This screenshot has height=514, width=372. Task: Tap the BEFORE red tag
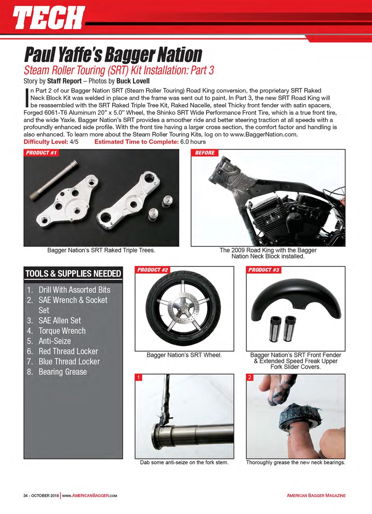(x=205, y=153)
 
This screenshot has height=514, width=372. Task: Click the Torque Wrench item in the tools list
(x=62, y=331)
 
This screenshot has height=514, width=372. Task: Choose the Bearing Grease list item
(x=62, y=371)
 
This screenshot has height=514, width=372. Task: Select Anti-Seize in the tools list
(x=55, y=341)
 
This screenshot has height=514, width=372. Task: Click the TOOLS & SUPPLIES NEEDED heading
(x=73, y=274)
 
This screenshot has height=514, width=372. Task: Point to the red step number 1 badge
(x=139, y=377)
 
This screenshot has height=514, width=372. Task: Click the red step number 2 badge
(x=250, y=377)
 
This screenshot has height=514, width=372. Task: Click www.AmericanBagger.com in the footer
(x=89, y=496)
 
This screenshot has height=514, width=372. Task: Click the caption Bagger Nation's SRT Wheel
(x=184, y=355)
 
